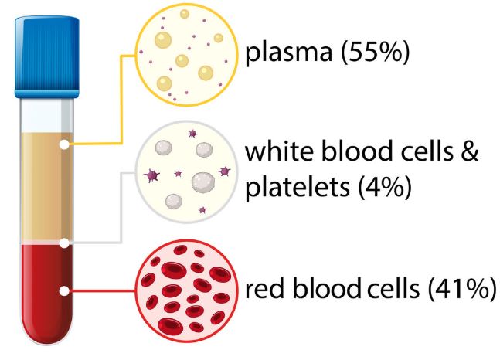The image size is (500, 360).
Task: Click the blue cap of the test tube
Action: [x=47, y=56]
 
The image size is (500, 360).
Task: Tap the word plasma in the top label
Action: [x=289, y=53]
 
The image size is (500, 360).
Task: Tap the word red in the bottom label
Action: [x=264, y=289]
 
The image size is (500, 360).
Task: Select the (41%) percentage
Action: [x=462, y=289]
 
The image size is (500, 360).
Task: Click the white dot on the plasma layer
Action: [x=64, y=144]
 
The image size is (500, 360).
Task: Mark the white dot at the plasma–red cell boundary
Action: [x=64, y=243]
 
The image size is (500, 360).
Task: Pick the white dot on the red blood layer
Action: [x=64, y=290]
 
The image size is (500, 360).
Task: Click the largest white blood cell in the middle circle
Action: [x=203, y=182]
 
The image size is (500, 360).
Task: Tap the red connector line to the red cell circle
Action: [x=102, y=290]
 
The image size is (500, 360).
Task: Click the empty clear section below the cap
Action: [x=47, y=115]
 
